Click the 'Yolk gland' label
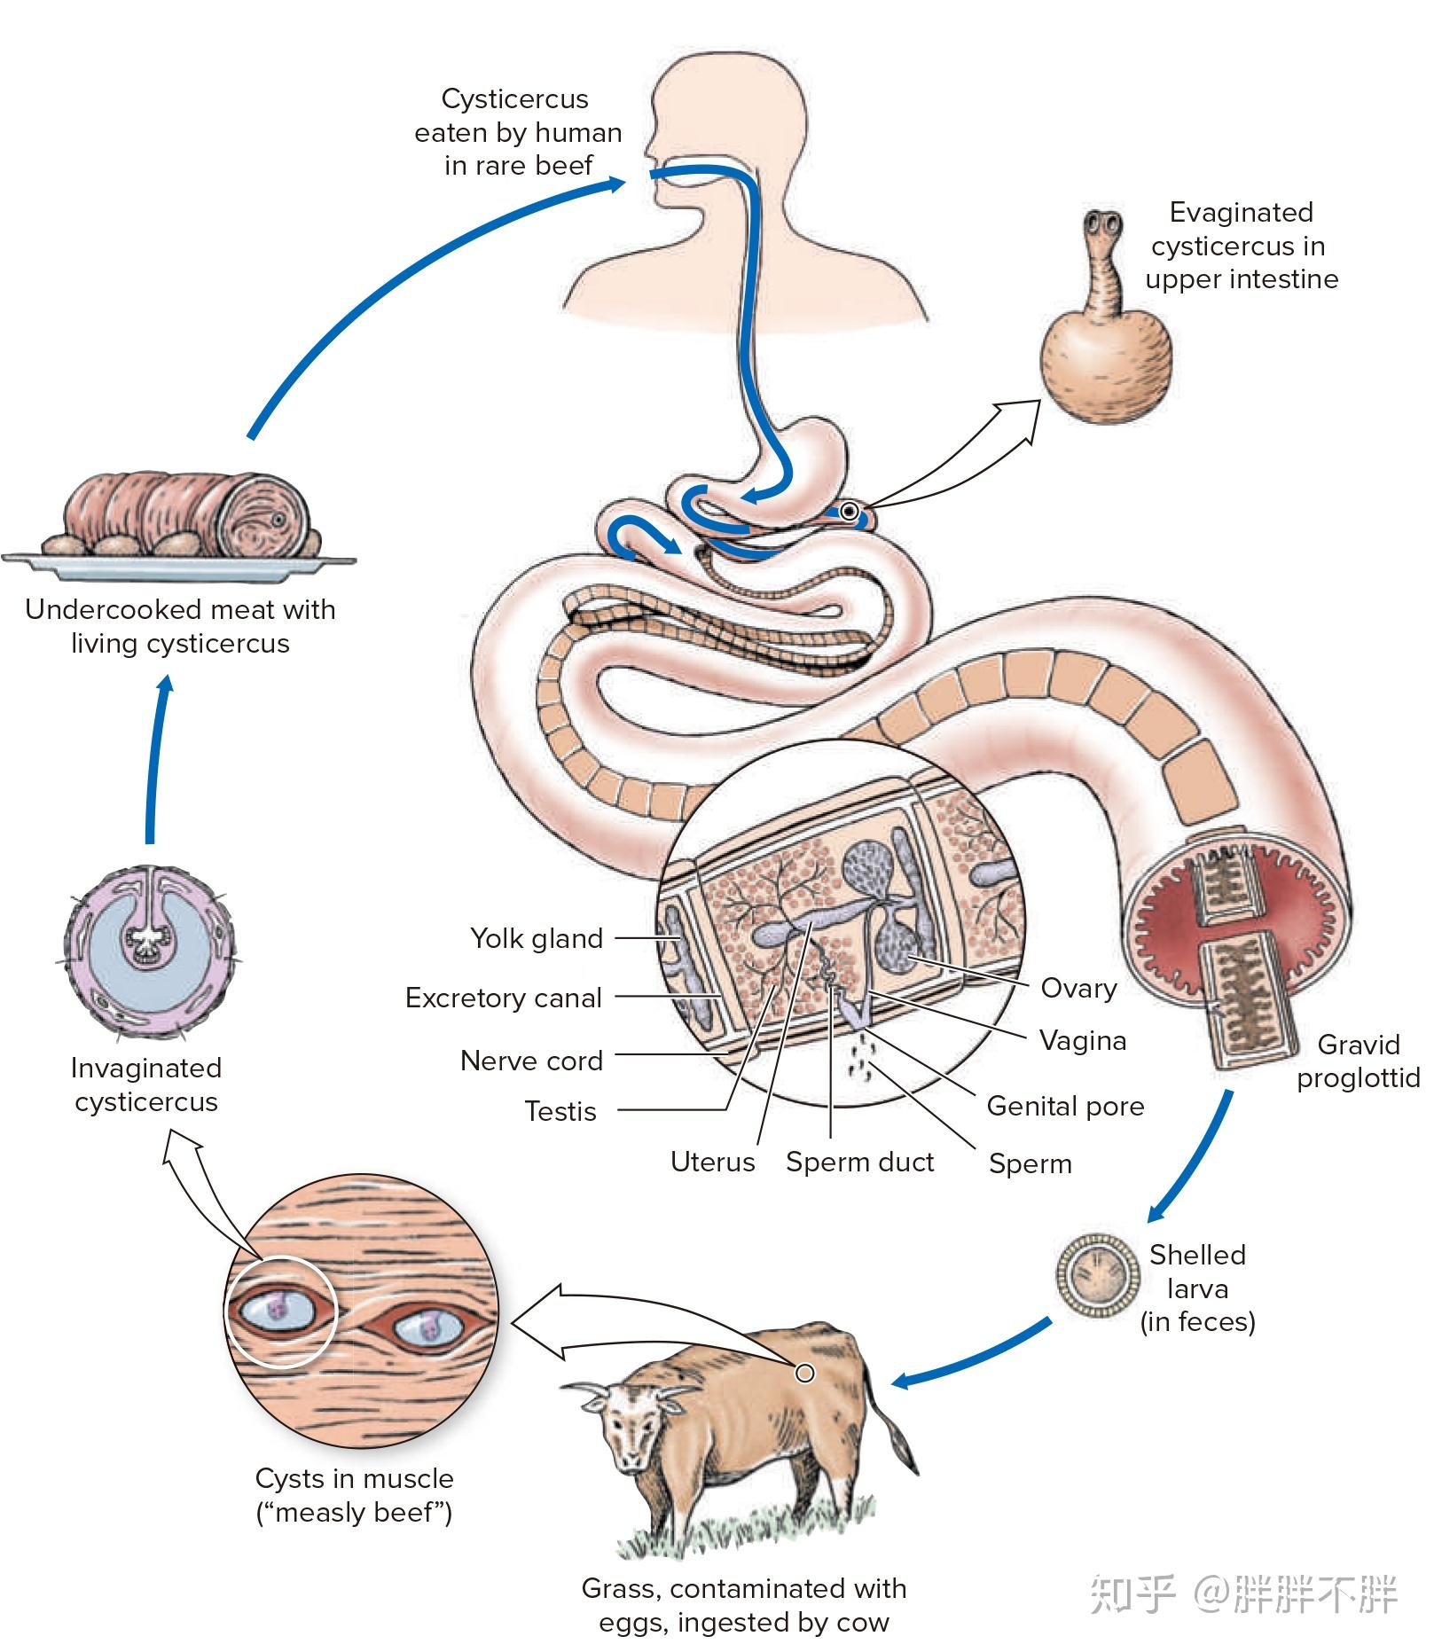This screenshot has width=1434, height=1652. [536, 938]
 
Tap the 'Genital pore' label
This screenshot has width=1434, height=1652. [1064, 1106]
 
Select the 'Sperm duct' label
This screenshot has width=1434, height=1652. [859, 1162]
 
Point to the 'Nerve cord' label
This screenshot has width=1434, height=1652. [530, 1061]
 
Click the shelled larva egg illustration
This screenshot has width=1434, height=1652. [1097, 1276]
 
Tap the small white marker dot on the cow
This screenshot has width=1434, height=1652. [804, 1374]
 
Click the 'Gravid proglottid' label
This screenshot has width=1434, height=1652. [1357, 1061]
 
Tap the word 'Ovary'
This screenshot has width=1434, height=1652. [1077, 988]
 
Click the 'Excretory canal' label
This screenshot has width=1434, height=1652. [503, 998]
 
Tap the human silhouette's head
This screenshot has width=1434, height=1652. [727, 115]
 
